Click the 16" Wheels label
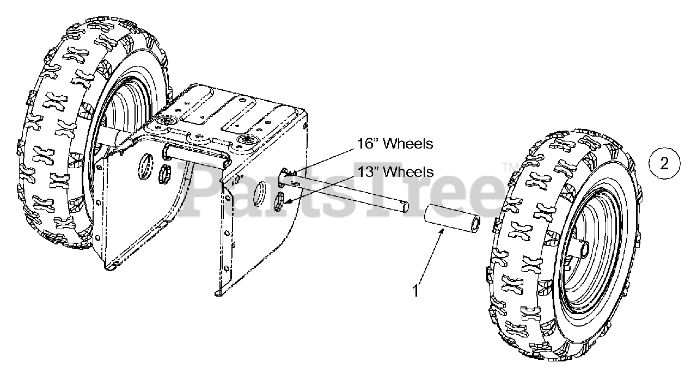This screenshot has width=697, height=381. tap(395, 144)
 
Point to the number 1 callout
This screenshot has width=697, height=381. tap(415, 291)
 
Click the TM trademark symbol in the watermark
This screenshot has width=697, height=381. tap(508, 167)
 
